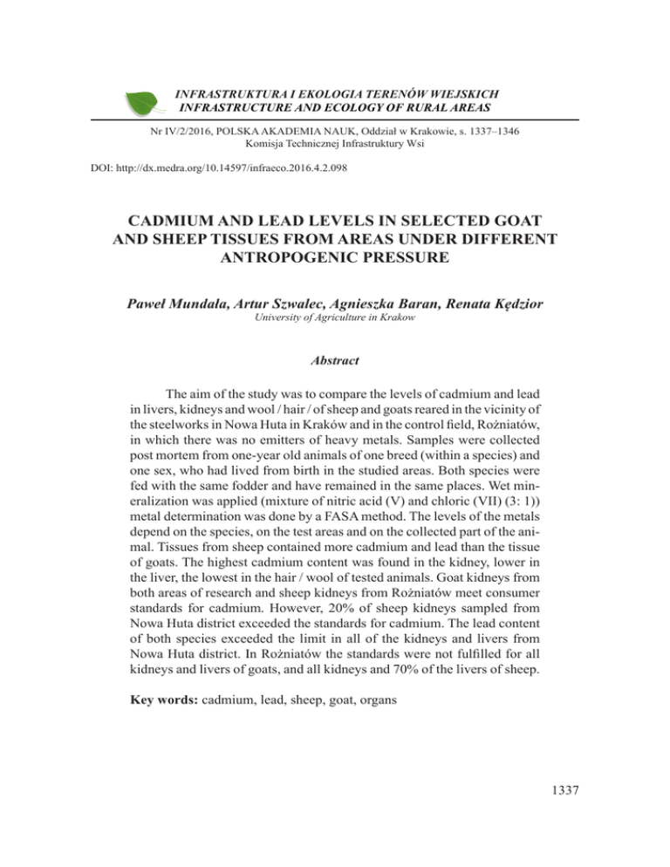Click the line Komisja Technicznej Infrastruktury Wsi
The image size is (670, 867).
click(335, 143)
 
